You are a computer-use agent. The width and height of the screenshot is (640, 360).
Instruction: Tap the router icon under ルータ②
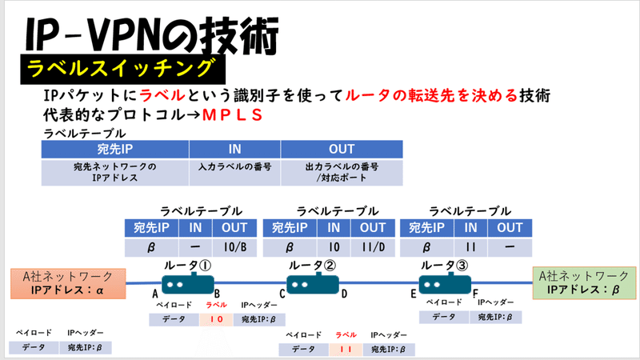pos(312,284)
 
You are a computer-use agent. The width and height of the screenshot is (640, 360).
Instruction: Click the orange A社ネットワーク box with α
pos(68,283)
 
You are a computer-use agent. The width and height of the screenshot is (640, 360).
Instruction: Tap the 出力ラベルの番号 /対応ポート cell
pos(341,172)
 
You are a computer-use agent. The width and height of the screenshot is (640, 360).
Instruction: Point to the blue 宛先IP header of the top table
pos(114,149)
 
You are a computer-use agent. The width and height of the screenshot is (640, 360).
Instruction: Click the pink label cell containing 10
pos(216,318)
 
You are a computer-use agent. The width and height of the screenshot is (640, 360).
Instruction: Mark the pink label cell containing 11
pos(345,349)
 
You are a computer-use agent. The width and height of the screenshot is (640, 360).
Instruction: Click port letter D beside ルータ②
pos(344,294)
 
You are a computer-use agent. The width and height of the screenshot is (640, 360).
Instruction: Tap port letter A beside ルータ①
pos(154,294)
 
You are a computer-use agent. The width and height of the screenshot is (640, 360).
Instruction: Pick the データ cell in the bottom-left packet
pos(32,347)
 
